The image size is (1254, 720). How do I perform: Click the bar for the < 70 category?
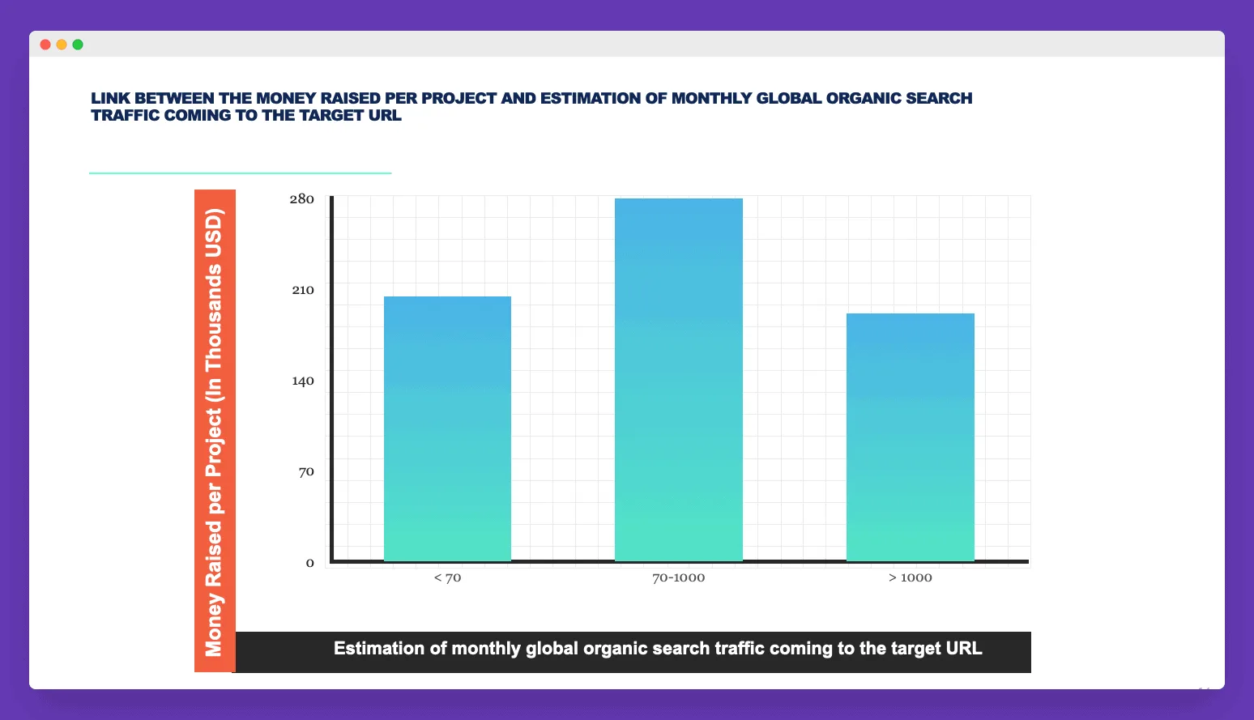coord(447,428)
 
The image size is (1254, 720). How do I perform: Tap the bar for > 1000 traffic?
coord(911,437)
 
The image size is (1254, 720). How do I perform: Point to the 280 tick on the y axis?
coord(301,199)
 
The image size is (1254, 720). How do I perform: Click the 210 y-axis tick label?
coord(303,290)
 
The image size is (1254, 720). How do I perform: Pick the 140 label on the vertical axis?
coord(303,381)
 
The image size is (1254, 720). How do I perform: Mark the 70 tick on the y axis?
coord(306,472)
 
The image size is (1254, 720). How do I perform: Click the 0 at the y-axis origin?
coord(309,564)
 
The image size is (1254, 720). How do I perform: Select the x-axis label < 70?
coord(447,577)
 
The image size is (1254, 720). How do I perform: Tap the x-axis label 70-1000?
coord(679,577)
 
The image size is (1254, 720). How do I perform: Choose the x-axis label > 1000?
coord(911,577)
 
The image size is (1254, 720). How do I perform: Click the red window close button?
coord(45,45)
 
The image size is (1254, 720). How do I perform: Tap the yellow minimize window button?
coord(62,45)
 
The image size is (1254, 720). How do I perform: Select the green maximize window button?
coord(78,45)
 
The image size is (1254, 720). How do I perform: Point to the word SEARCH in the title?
coord(939,99)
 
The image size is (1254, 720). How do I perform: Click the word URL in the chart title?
coord(385,116)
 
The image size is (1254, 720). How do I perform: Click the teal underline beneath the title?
coord(240,173)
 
